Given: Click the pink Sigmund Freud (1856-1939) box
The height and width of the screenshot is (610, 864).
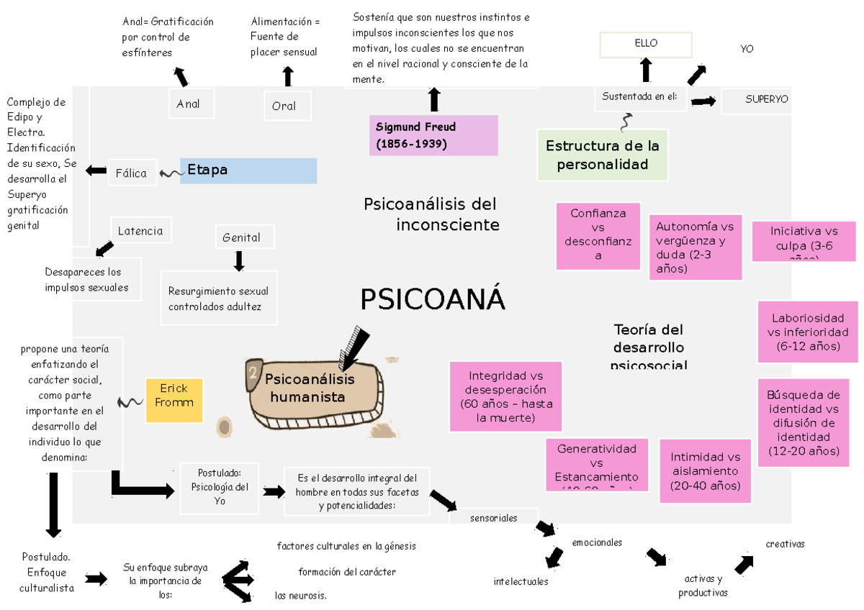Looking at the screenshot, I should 433,135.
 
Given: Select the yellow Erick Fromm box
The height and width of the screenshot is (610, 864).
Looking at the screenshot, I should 174,400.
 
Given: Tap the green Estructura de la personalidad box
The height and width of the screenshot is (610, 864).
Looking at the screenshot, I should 603,155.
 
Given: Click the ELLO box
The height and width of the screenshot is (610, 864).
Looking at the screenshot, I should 646,44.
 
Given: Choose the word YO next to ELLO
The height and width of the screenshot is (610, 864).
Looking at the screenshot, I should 747,49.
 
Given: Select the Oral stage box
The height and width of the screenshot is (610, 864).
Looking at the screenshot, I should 287,106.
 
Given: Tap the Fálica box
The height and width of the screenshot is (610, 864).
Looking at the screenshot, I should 132,173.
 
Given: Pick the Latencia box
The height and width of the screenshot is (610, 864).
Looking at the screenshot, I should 141,231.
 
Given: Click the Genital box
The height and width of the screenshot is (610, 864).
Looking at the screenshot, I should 242,237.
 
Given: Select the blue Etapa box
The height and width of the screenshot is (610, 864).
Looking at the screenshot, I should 248,170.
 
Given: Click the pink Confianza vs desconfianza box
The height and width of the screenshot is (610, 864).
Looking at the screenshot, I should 598,235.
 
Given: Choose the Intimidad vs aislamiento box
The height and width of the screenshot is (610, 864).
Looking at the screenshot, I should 706,472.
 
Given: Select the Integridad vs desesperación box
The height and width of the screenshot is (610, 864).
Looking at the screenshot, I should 505,396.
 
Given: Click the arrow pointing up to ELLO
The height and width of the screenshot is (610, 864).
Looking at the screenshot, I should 646,70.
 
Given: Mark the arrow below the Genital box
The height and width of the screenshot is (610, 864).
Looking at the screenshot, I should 239,260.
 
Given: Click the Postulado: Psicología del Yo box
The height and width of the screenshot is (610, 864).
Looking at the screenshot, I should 220,487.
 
